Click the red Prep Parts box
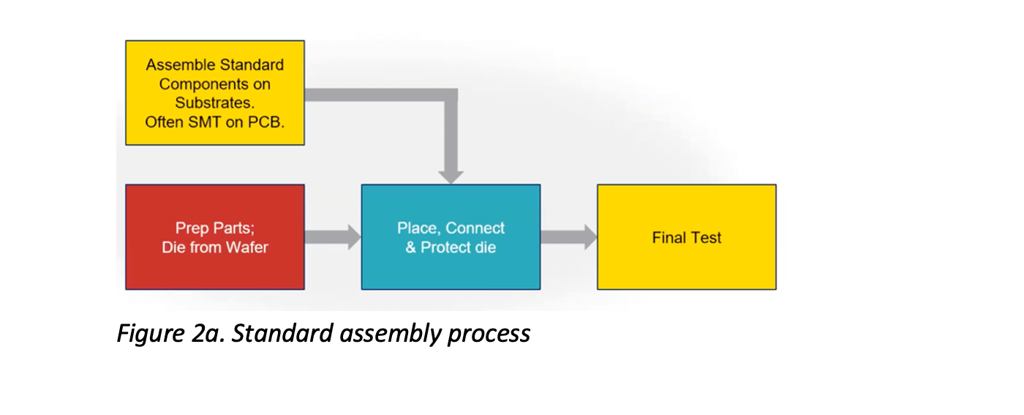[x=215, y=237]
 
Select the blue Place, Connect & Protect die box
[x=451, y=237]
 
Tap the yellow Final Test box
[x=687, y=237]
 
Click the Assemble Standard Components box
[x=215, y=93]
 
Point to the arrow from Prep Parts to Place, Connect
[x=333, y=237]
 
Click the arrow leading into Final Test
[x=569, y=237]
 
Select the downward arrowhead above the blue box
[x=451, y=178]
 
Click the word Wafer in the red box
[x=247, y=247]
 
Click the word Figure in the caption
[x=151, y=334]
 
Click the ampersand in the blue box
[x=410, y=247]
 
